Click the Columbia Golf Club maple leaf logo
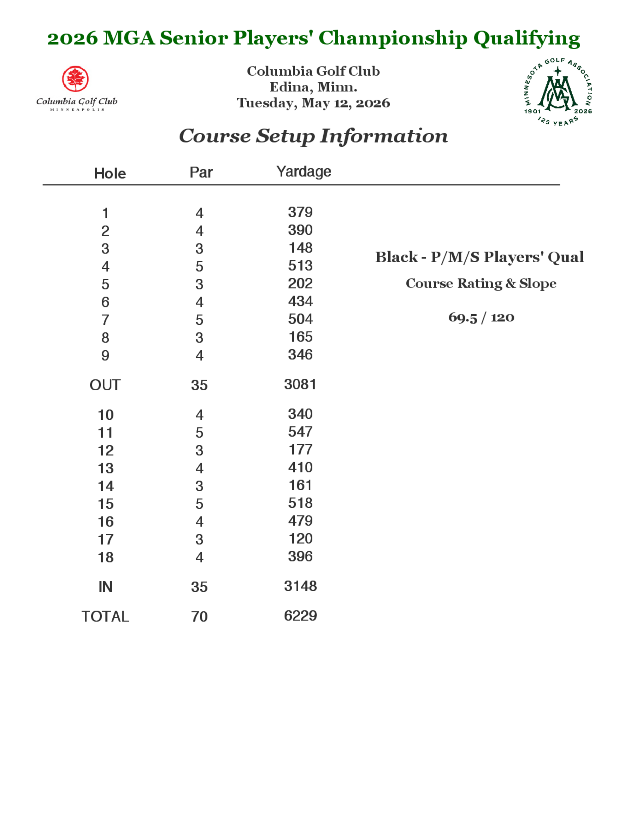[x=75, y=79]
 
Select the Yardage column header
[x=304, y=172]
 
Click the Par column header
[x=201, y=172]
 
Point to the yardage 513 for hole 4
[x=300, y=266]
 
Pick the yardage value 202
[x=300, y=283]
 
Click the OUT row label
[x=105, y=385]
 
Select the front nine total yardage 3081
[x=300, y=384]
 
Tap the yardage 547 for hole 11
[x=300, y=432]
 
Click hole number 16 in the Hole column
[x=105, y=522]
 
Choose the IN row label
[x=105, y=587]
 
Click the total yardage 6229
[x=300, y=616]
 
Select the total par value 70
[x=199, y=616]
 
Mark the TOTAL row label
[x=105, y=616]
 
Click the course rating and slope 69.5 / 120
[x=481, y=318]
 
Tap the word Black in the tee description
[x=396, y=257]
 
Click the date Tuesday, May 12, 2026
[x=313, y=103]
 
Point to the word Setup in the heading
[x=285, y=136]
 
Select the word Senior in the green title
[x=194, y=38]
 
